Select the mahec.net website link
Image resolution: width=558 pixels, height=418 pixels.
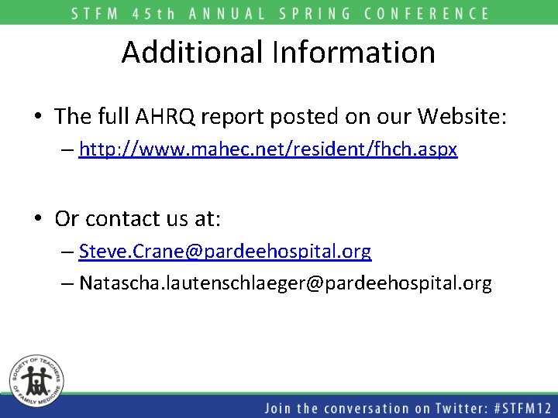point(268,149)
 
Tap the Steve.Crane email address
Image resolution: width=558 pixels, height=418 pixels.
point(225,252)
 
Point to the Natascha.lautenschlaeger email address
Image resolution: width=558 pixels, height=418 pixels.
point(285,283)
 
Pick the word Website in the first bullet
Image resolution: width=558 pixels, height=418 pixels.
point(461,117)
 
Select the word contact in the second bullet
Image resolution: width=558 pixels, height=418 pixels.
point(115,219)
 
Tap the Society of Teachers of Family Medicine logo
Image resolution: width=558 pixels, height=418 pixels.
point(36,380)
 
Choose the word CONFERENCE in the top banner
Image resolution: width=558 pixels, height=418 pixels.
point(433,13)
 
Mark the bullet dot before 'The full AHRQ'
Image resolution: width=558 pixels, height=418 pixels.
point(37,118)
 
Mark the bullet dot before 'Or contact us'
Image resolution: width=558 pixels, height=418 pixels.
point(37,220)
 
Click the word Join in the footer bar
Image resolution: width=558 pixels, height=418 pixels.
point(280,408)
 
